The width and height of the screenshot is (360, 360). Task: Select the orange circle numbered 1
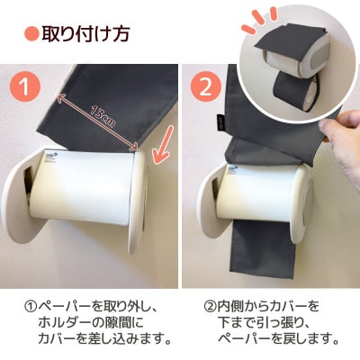(x=29, y=89)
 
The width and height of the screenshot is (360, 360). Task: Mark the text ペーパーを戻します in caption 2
(x=279, y=339)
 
